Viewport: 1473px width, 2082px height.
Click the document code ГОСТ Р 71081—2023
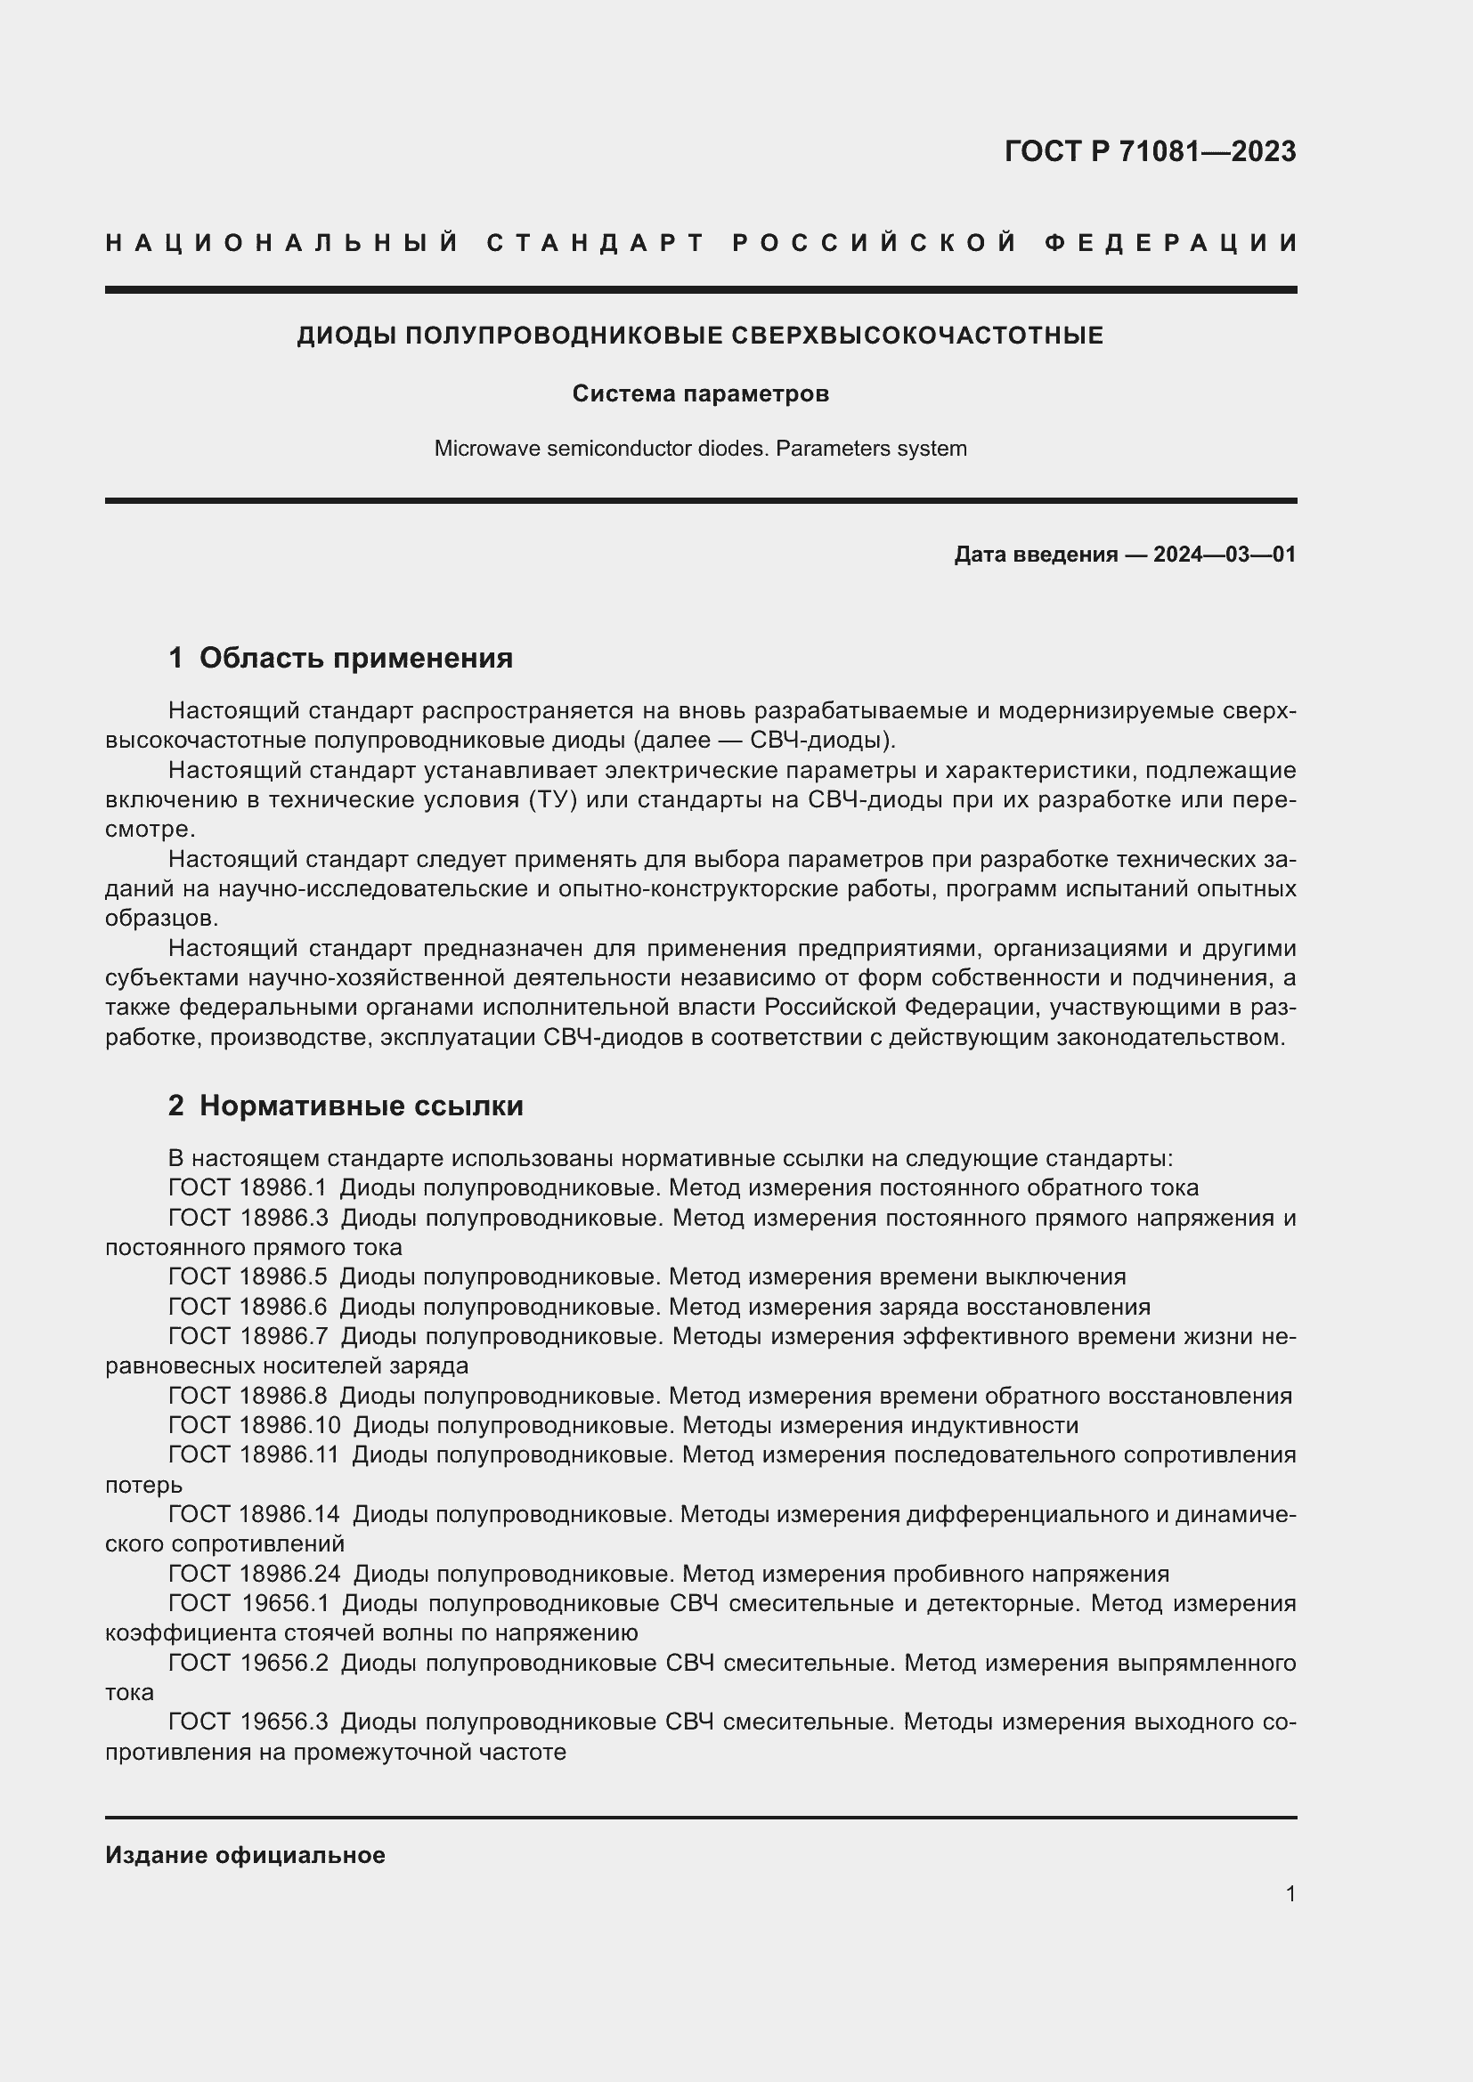[1149, 151]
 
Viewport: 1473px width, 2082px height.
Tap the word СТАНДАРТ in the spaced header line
[596, 243]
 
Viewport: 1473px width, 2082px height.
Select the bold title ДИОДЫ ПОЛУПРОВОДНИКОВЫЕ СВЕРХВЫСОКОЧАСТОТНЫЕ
[700, 336]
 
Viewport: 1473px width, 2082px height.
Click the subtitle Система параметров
[700, 393]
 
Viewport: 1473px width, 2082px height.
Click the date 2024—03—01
[1224, 554]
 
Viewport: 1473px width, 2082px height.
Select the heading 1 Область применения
[341, 658]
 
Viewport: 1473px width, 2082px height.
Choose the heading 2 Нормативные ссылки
[346, 1106]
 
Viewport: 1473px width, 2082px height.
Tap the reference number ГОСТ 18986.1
[247, 1188]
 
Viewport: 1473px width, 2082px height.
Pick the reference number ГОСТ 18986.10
[254, 1425]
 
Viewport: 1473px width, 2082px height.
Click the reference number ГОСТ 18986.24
[254, 1573]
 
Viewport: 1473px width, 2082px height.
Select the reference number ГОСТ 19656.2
[248, 1663]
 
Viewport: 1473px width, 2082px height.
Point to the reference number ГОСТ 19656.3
[248, 1722]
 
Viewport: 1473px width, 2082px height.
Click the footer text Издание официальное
[245, 1855]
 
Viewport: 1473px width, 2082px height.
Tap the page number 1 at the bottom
[1290, 1893]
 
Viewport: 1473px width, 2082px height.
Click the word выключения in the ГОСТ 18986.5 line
[1062, 1276]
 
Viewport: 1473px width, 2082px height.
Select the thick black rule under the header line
[700, 290]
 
